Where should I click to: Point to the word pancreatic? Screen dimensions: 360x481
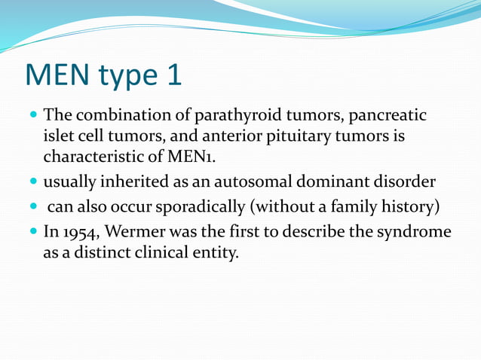387,117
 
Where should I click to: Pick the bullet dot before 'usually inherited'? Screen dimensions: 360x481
34,182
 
